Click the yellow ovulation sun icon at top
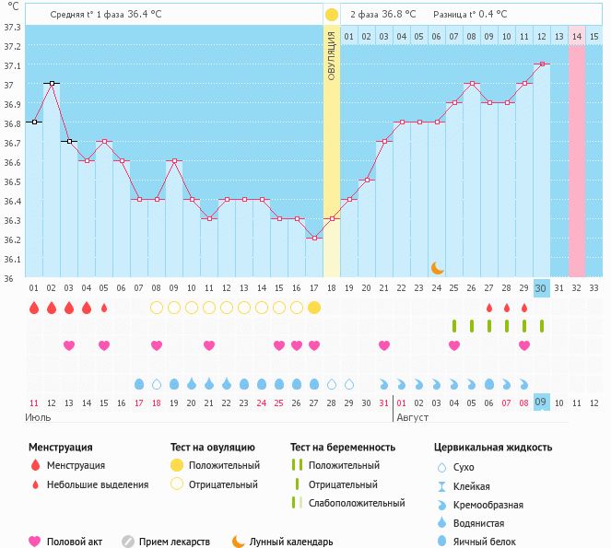coord(331,15)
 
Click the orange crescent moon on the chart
coord(438,267)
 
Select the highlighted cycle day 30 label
coord(541,288)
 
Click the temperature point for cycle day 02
coord(52,83)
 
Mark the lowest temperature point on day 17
coord(314,238)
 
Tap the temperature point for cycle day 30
coord(542,64)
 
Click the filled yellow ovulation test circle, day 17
coord(314,307)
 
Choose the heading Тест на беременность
coord(343,448)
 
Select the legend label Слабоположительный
coord(357,503)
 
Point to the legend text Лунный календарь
coord(291,542)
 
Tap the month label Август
coord(413,417)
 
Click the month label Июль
coord(38,417)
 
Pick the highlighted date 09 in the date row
coord(541,402)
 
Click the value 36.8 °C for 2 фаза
coord(397,14)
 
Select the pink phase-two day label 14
coord(577,36)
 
